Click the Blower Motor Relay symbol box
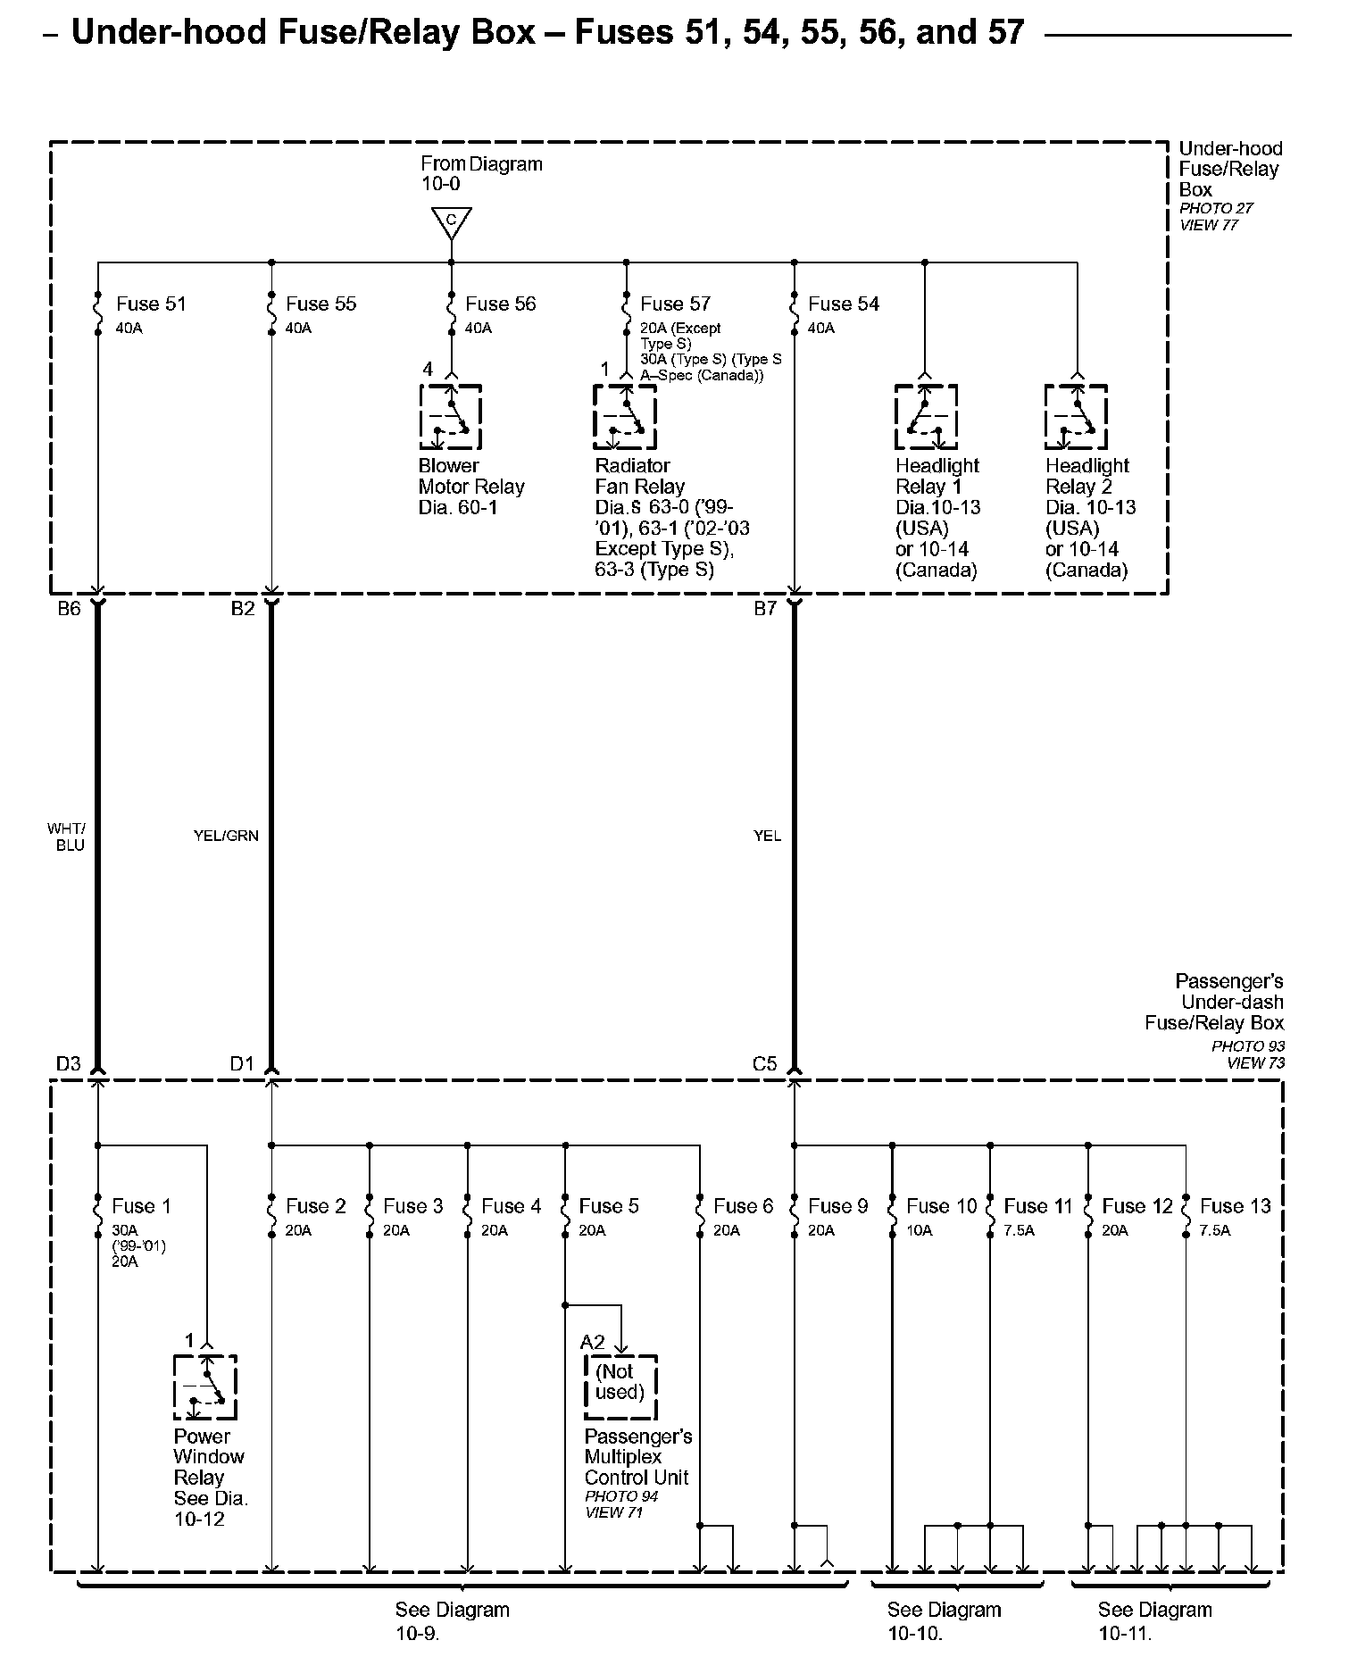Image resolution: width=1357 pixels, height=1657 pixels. click(451, 417)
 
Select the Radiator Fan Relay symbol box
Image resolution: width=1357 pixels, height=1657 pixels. click(625, 417)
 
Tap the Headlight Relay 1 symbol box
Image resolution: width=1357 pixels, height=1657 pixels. click(926, 417)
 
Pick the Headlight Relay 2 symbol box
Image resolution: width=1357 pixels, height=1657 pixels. click(1076, 417)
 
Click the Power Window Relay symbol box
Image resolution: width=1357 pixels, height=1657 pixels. click(205, 1386)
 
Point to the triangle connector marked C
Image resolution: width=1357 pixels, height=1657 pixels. click(451, 221)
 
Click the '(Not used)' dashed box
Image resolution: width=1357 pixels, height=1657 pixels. click(620, 1386)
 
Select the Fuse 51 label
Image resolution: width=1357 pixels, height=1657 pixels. click(151, 304)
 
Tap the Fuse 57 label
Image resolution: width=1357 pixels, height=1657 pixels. click(675, 304)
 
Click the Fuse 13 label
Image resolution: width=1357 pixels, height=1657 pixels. click(1235, 1206)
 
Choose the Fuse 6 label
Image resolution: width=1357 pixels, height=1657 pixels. click(743, 1206)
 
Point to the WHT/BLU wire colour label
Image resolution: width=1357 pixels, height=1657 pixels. click(69, 837)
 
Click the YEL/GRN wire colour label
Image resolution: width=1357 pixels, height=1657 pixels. click(226, 836)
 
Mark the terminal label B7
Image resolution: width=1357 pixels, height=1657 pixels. click(765, 609)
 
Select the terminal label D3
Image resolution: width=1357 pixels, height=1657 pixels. click(69, 1063)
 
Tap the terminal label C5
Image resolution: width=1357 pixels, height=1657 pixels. click(765, 1063)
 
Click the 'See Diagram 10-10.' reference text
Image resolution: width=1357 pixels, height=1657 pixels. click(944, 1621)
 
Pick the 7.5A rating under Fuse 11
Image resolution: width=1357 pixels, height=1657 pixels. click(1019, 1230)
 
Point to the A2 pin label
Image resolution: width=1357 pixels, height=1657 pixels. click(593, 1342)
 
